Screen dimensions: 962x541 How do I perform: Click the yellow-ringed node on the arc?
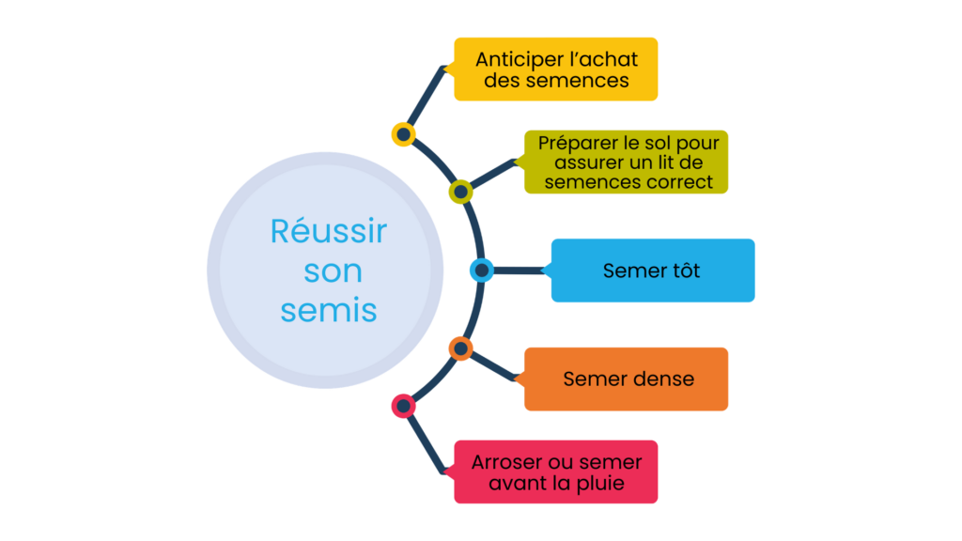[x=403, y=134]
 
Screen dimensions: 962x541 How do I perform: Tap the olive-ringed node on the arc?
[x=460, y=192]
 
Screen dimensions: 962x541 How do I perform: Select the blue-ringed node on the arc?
[x=482, y=270]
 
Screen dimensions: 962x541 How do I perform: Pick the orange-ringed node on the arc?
[x=460, y=348]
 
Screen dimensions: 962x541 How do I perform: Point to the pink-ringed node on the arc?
[x=403, y=406]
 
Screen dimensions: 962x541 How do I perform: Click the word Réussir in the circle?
[x=329, y=231]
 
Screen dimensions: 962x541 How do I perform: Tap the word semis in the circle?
[x=329, y=310]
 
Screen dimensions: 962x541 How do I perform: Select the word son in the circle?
[x=334, y=271]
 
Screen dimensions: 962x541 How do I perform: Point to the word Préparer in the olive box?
[x=578, y=144]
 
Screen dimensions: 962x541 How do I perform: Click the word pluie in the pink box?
[x=600, y=484]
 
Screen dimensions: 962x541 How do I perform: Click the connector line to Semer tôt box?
[x=519, y=270]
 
